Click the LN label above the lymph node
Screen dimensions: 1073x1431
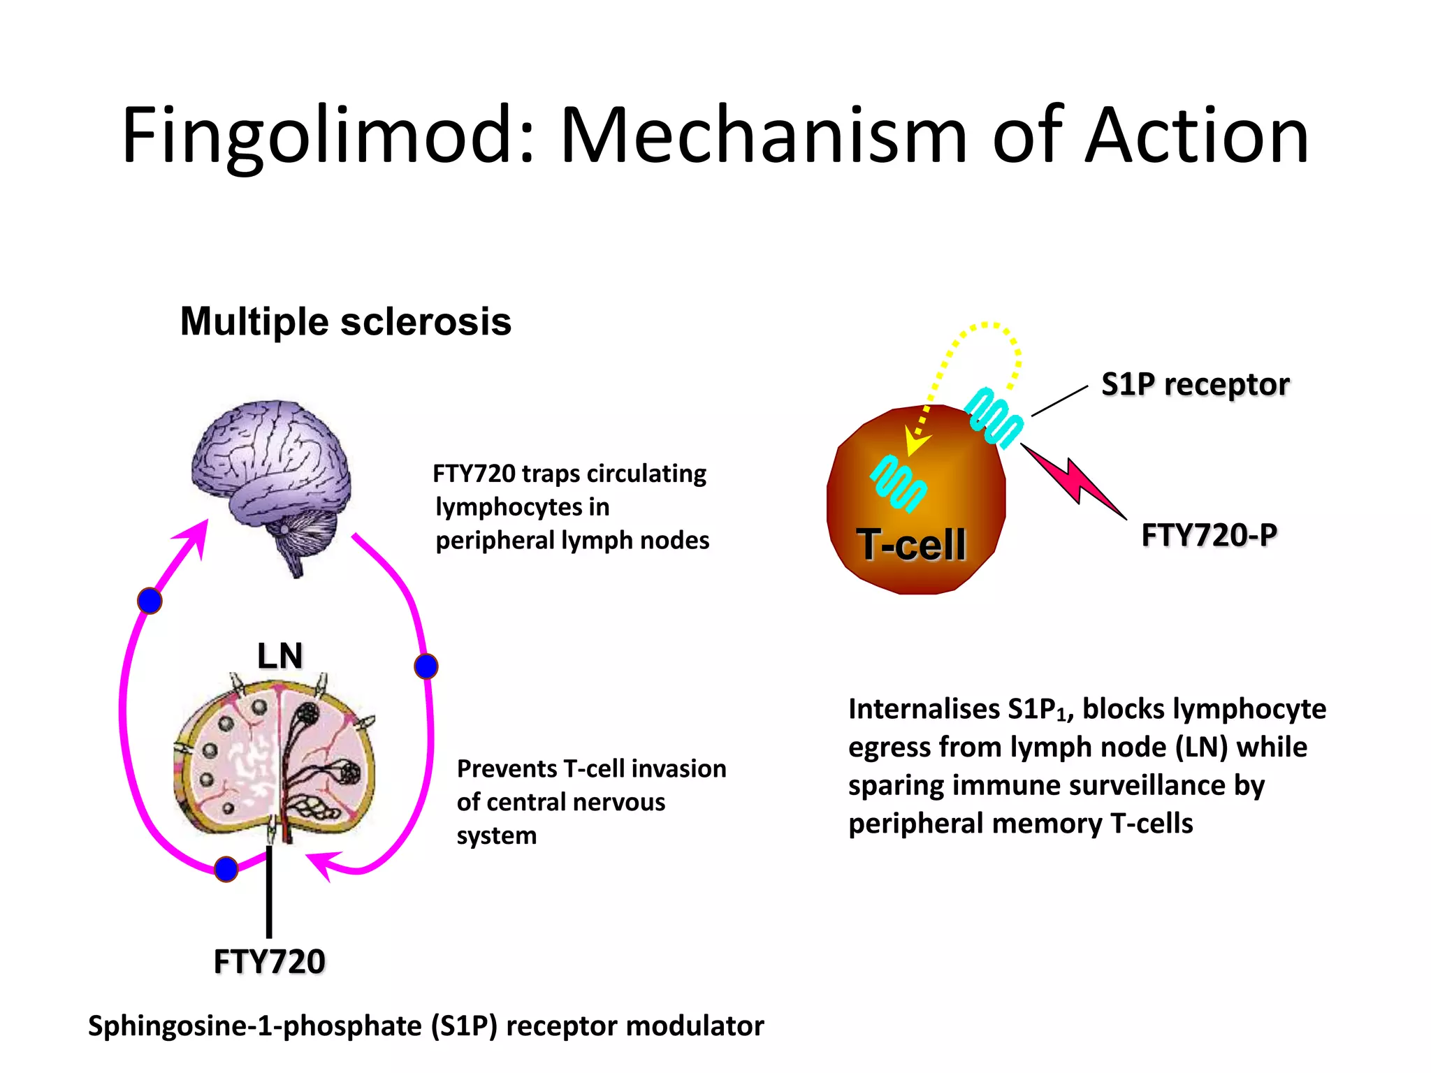tap(279, 656)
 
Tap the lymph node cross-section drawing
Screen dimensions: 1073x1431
tap(274, 761)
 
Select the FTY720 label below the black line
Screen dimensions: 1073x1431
tap(269, 962)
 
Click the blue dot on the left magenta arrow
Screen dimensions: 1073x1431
tap(150, 601)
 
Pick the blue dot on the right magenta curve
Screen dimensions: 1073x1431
tap(426, 666)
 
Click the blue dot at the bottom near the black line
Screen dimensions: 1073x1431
tap(226, 869)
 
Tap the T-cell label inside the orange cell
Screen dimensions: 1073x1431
tap(911, 544)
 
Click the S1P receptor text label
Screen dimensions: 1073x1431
tap(1195, 384)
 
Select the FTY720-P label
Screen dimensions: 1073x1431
tap(1209, 536)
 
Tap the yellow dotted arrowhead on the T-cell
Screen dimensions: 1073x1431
tap(915, 442)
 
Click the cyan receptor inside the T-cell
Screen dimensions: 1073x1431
tap(898, 483)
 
